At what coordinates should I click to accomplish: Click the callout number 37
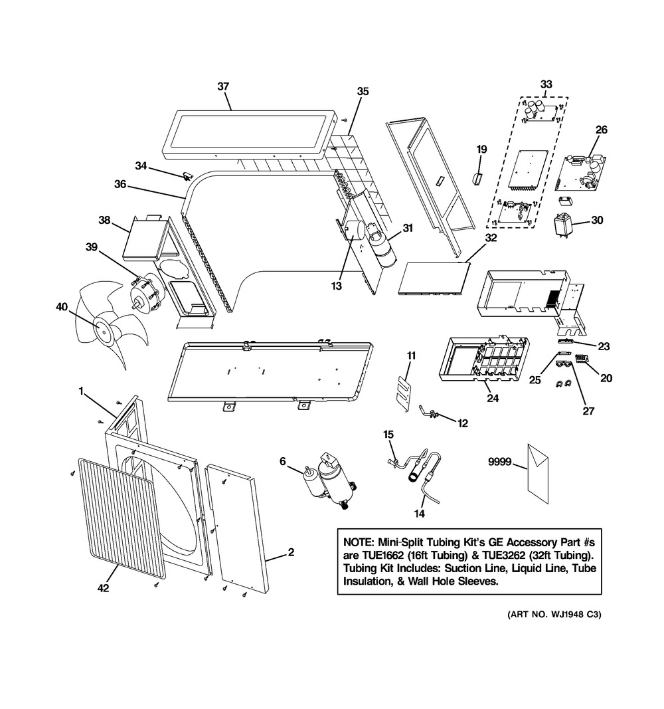(223, 86)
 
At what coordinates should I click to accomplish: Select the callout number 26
(601, 130)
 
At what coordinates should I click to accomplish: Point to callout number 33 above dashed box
(546, 84)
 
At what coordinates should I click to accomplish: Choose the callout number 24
(492, 399)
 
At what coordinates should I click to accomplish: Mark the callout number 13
(337, 286)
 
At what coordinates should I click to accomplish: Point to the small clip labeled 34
(187, 175)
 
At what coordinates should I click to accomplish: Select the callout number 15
(388, 435)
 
